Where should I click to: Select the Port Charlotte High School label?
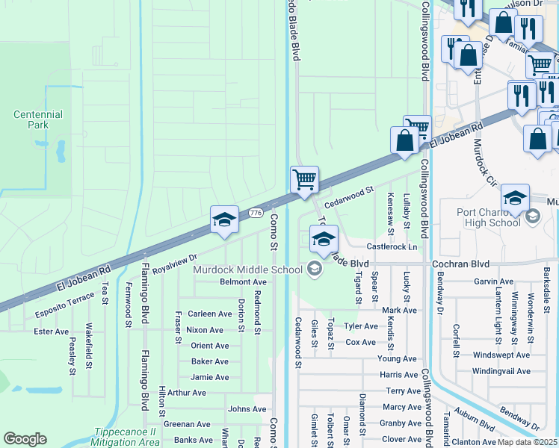(489, 217)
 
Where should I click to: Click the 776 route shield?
(255, 213)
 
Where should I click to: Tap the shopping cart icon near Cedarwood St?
(304, 180)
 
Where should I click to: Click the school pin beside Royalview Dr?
(224, 220)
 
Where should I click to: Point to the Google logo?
(25, 439)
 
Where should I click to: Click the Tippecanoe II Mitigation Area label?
(127, 437)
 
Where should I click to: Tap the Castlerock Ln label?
(391, 246)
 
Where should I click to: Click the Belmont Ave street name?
(243, 282)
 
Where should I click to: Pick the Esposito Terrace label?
(64, 305)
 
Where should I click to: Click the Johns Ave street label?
(247, 409)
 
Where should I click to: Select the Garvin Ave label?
(493, 281)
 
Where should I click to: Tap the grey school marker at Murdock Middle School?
(315, 269)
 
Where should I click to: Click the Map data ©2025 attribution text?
(528, 442)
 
